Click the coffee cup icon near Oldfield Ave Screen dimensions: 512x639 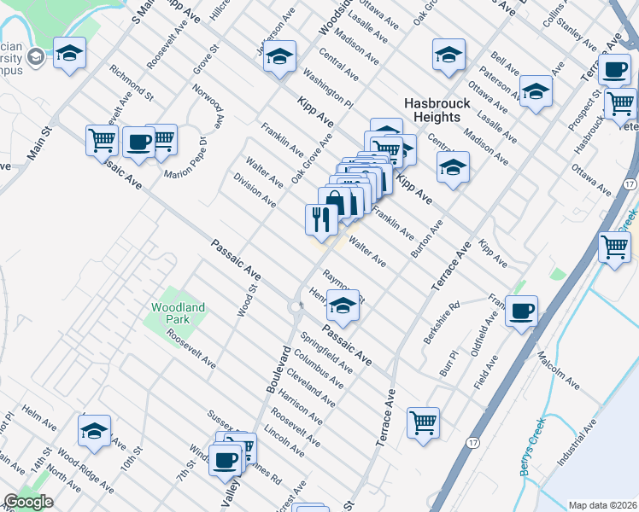521,311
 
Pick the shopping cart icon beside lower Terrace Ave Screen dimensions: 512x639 424,422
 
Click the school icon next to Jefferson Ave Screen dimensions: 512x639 279,57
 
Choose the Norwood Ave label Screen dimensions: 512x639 207,105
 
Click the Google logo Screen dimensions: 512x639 28,502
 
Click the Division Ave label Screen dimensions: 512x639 255,190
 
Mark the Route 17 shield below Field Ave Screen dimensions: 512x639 472,443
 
